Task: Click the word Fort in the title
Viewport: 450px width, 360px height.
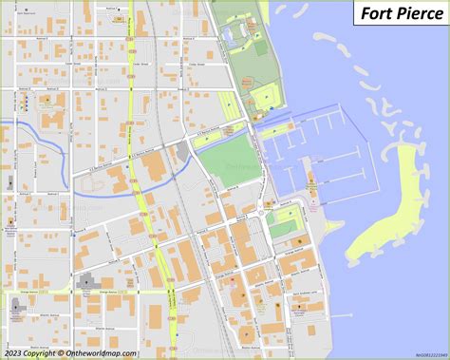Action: point(375,15)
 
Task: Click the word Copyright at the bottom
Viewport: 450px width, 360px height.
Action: point(43,352)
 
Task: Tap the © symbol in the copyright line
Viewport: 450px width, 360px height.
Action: point(61,352)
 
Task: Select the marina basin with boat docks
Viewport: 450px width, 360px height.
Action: point(304,152)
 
